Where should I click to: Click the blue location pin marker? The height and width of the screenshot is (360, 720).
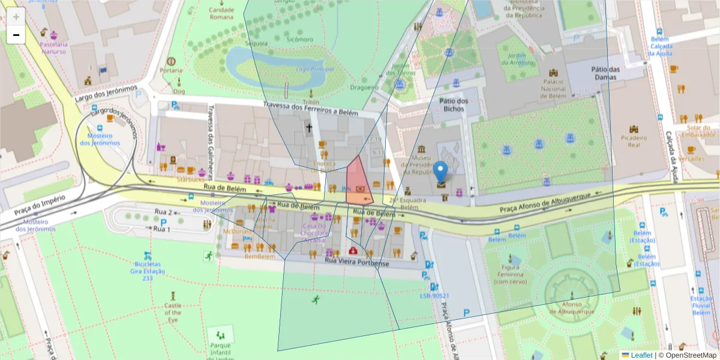[441, 172]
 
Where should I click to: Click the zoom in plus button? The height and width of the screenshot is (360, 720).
[16, 16]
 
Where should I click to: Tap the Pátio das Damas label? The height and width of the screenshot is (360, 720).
[605, 73]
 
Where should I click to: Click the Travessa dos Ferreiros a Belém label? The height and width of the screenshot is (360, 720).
[310, 109]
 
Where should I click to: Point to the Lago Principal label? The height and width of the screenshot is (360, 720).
[315, 69]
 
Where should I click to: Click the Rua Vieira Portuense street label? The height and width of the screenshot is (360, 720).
[356, 262]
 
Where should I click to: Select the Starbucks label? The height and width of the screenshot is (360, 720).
[191, 179]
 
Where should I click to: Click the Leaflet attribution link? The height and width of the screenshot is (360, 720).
[641, 355]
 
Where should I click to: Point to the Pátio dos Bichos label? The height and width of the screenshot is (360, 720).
[454, 105]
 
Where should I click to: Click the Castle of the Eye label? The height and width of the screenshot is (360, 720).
[173, 313]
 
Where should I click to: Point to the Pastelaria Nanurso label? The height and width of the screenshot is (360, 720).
[54, 48]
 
